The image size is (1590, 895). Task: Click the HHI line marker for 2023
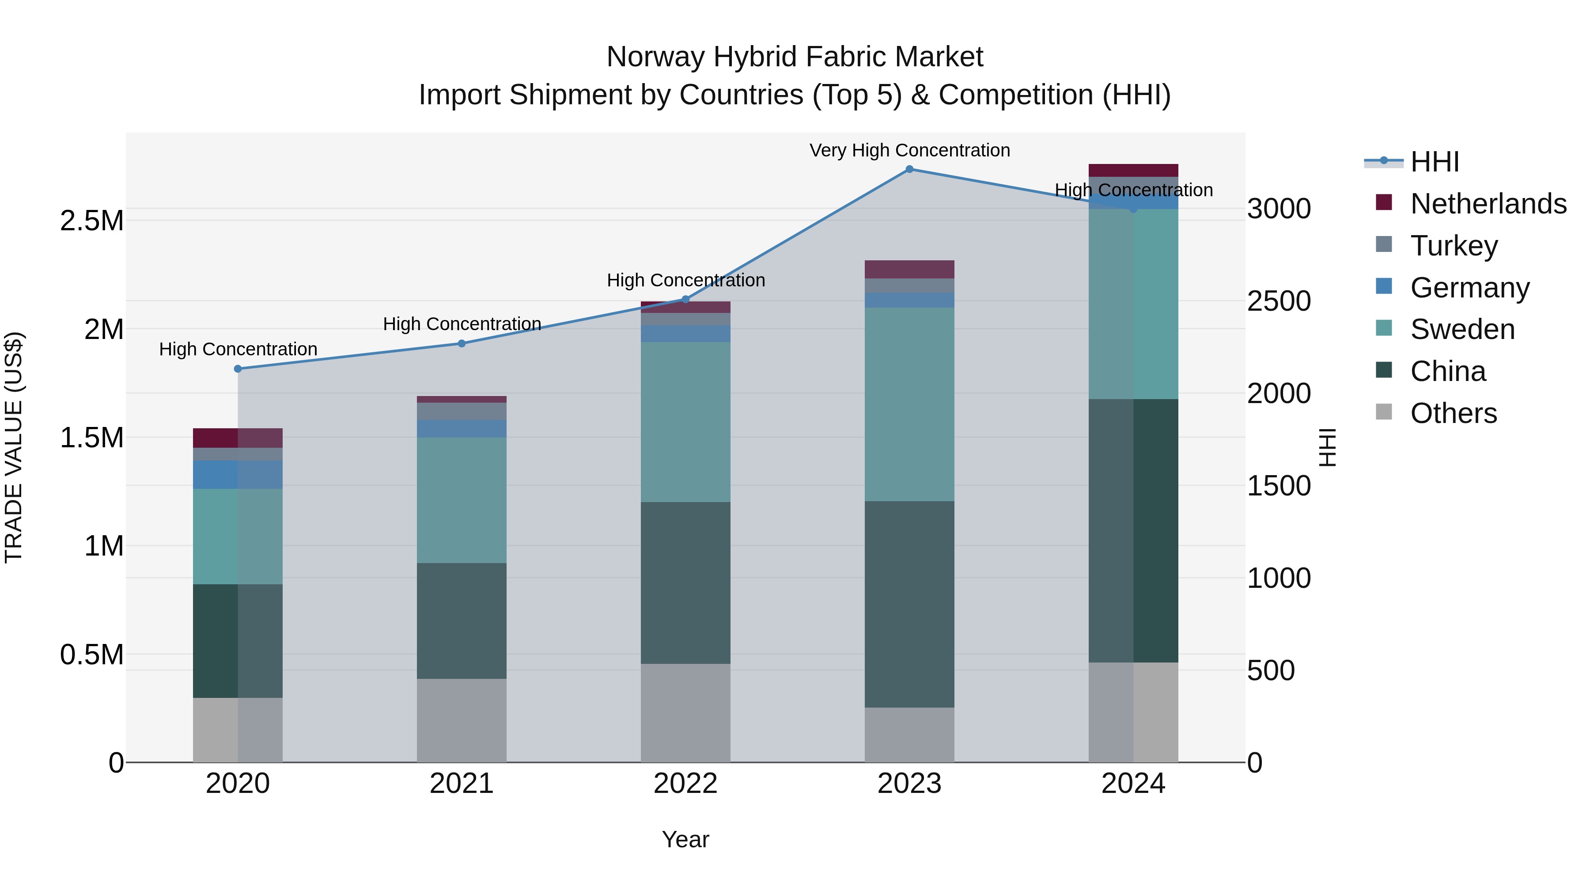[x=909, y=169]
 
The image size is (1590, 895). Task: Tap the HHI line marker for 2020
[x=238, y=369]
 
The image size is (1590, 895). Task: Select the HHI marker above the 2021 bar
[x=462, y=343]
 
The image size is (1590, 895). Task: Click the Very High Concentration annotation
[x=909, y=150]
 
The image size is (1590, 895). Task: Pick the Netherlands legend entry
[x=1488, y=204]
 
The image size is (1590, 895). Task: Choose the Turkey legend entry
[x=1454, y=246]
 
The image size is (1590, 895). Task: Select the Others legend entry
[x=1453, y=413]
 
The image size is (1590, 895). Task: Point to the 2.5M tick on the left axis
[x=92, y=221]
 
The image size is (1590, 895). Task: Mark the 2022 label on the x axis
[x=685, y=784]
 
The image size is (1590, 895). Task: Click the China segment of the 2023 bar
[x=909, y=604]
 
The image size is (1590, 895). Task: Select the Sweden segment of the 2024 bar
[x=1133, y=304]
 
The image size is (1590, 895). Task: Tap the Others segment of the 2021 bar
[x=462, y=720]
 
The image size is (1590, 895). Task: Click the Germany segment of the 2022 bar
[x=685, y=334]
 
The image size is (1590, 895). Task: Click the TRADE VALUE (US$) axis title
[x=14, y=447]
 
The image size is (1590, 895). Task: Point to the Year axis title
[x=685, y=839]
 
